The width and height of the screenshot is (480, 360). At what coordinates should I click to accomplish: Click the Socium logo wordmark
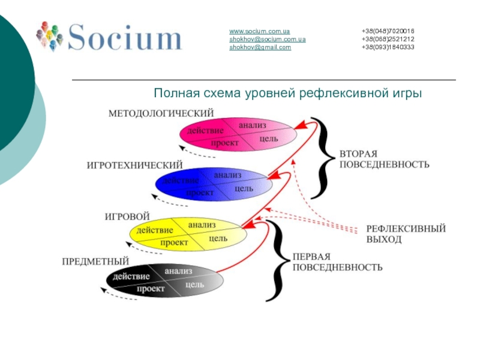124,37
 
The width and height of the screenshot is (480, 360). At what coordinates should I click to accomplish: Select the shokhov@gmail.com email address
260,47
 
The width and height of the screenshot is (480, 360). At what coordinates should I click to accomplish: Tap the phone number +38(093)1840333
388,47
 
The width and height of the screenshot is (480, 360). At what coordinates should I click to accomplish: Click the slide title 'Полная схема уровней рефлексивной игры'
288,94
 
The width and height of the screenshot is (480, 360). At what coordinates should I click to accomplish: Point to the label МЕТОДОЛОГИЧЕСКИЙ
161,113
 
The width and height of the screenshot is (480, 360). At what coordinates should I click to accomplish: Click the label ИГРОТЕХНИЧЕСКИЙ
134,164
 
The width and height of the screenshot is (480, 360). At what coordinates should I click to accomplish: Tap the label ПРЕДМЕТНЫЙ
96,262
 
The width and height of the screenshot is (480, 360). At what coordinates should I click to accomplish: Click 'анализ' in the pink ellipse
252,125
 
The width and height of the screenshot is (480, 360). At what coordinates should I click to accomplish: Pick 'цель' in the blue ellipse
244,188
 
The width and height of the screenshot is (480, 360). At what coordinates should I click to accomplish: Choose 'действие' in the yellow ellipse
155,230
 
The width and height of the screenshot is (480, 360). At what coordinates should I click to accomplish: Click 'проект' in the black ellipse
151,289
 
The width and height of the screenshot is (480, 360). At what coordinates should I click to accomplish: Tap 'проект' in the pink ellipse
224,143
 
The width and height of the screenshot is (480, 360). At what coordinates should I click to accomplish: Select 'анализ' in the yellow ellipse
202,225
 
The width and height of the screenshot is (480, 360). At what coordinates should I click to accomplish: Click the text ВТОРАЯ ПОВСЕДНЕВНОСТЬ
384,159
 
